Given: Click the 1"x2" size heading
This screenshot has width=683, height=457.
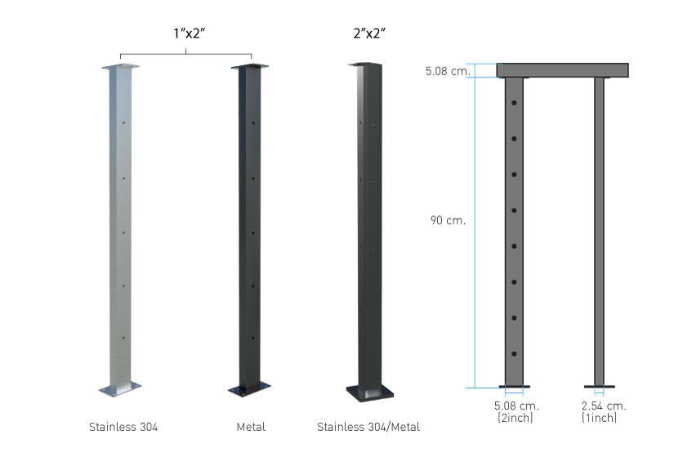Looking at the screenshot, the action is click(x=189, y=33).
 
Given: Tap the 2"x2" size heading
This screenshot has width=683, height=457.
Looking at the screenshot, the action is click(x=369, y=33).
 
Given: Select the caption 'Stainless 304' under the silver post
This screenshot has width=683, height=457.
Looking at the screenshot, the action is click(x=123, y=427).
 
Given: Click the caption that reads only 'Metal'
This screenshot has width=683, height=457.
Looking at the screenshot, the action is click(x=251, y=427).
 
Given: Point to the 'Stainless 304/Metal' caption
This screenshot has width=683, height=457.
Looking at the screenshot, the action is click(x=368, y=427).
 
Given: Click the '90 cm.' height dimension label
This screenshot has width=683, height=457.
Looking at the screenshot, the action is click(x=448, y=220).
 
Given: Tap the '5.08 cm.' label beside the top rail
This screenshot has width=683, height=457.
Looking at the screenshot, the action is click(x=449, y=71).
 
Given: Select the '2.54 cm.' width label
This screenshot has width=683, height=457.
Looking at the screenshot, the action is click(x=604, y=406).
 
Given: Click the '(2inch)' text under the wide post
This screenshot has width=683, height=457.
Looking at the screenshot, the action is click(x=516, y=418).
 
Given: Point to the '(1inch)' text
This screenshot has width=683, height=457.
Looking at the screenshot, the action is click(x=600, y=418).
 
